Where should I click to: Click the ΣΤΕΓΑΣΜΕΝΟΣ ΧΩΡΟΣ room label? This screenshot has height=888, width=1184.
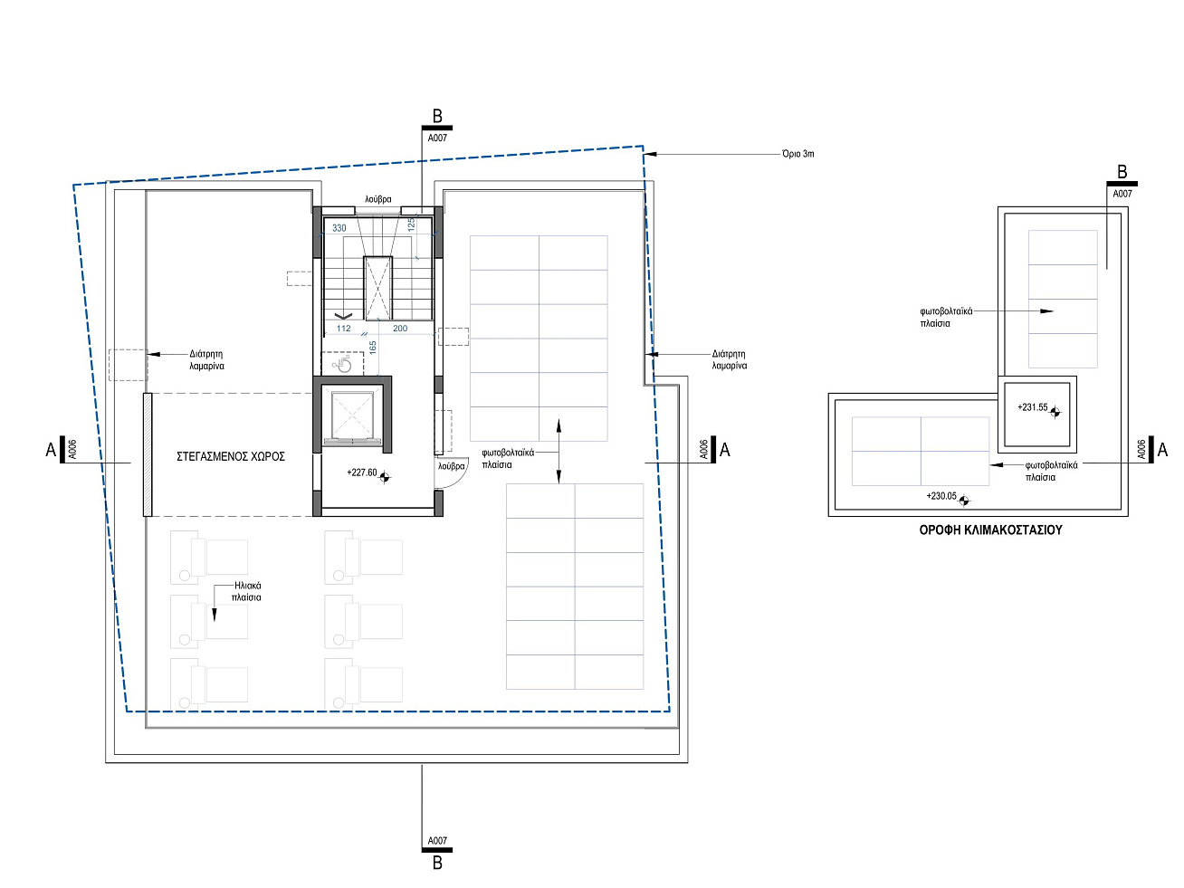[x=231, y=456]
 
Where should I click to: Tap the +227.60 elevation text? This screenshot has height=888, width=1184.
[x=362, y=473]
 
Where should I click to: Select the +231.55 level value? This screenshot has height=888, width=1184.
[x=1033, y=407]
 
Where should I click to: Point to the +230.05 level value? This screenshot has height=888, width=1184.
[x=941, y=496]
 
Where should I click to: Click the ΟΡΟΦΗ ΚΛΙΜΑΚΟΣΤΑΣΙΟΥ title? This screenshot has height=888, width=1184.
[x=991, y=530]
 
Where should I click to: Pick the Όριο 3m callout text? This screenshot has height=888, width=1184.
[x=797, y=154]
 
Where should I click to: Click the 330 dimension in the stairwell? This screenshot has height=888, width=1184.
[x=339, y=228]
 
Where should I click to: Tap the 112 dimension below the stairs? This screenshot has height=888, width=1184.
[x=344, y=329]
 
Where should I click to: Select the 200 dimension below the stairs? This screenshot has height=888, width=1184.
[x=400, y=329]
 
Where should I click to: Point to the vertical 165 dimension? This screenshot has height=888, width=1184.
[x=373, y=348]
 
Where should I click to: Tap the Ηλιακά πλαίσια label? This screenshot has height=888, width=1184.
[x=247, y=591]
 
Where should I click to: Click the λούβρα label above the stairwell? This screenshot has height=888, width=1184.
[x=378, y=199]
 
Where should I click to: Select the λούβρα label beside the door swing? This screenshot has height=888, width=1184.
[x=452, y=466]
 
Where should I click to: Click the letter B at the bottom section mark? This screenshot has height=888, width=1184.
[x=437, y=864]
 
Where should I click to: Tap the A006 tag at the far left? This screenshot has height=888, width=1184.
[x=72, y=450]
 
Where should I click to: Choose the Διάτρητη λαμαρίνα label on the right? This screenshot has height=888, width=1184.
[x=730, y=359]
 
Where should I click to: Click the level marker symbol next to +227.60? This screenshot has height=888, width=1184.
[x=384, y=477]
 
